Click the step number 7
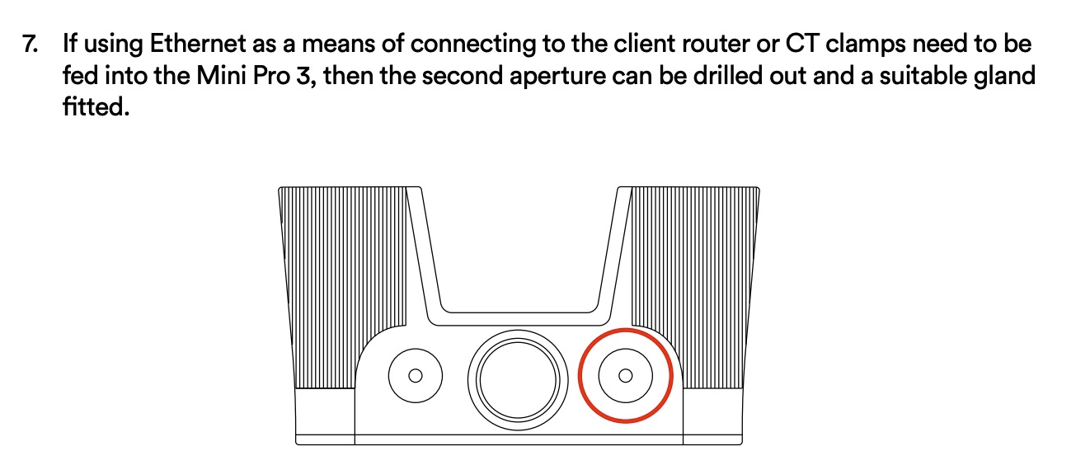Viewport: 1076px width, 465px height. [30, 45]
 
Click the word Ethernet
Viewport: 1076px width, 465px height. [198, 43]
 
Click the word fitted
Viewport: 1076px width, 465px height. [96, 106]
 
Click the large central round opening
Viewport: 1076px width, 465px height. [518, 380]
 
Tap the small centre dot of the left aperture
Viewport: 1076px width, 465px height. [416, 376]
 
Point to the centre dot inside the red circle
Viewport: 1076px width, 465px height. [626, 376]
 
